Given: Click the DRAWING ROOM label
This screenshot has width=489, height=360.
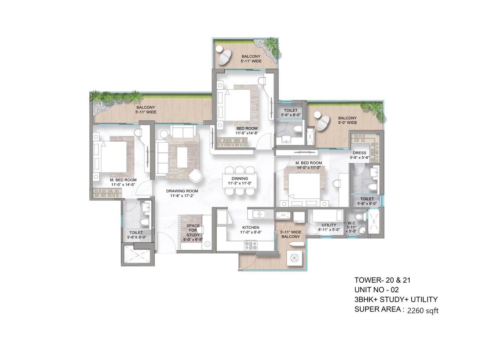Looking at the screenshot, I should click(x=182, y=191).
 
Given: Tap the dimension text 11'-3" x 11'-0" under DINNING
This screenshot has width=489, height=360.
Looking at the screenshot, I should click(x=240, y=183).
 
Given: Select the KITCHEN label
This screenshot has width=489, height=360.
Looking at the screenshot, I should click(x=251, y=227).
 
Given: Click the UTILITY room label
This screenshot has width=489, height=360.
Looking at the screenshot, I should click(x=329, y=225).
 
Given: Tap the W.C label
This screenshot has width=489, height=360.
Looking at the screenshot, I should click(x=351, y=223).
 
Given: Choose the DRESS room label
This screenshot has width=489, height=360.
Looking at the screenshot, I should click(x=359, y=153).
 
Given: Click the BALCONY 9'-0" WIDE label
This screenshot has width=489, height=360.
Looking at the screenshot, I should click(x=347, y=120).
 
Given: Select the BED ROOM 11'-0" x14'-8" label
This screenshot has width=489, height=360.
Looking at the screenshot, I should click(x=247, y=131).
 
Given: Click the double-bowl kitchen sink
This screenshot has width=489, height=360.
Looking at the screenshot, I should click(x=260, y=215).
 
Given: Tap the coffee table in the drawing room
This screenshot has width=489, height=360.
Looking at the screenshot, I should click(x=182, y=157).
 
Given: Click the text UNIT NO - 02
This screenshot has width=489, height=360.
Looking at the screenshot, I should click(x=376, y=289).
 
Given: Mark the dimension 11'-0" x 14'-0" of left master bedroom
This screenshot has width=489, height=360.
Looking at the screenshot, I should click(x=123, y=184).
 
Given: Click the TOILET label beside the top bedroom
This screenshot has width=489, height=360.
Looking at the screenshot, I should click(x=290, y=111).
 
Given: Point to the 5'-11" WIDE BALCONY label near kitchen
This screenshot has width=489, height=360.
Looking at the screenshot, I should click(x=291, y=234).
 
